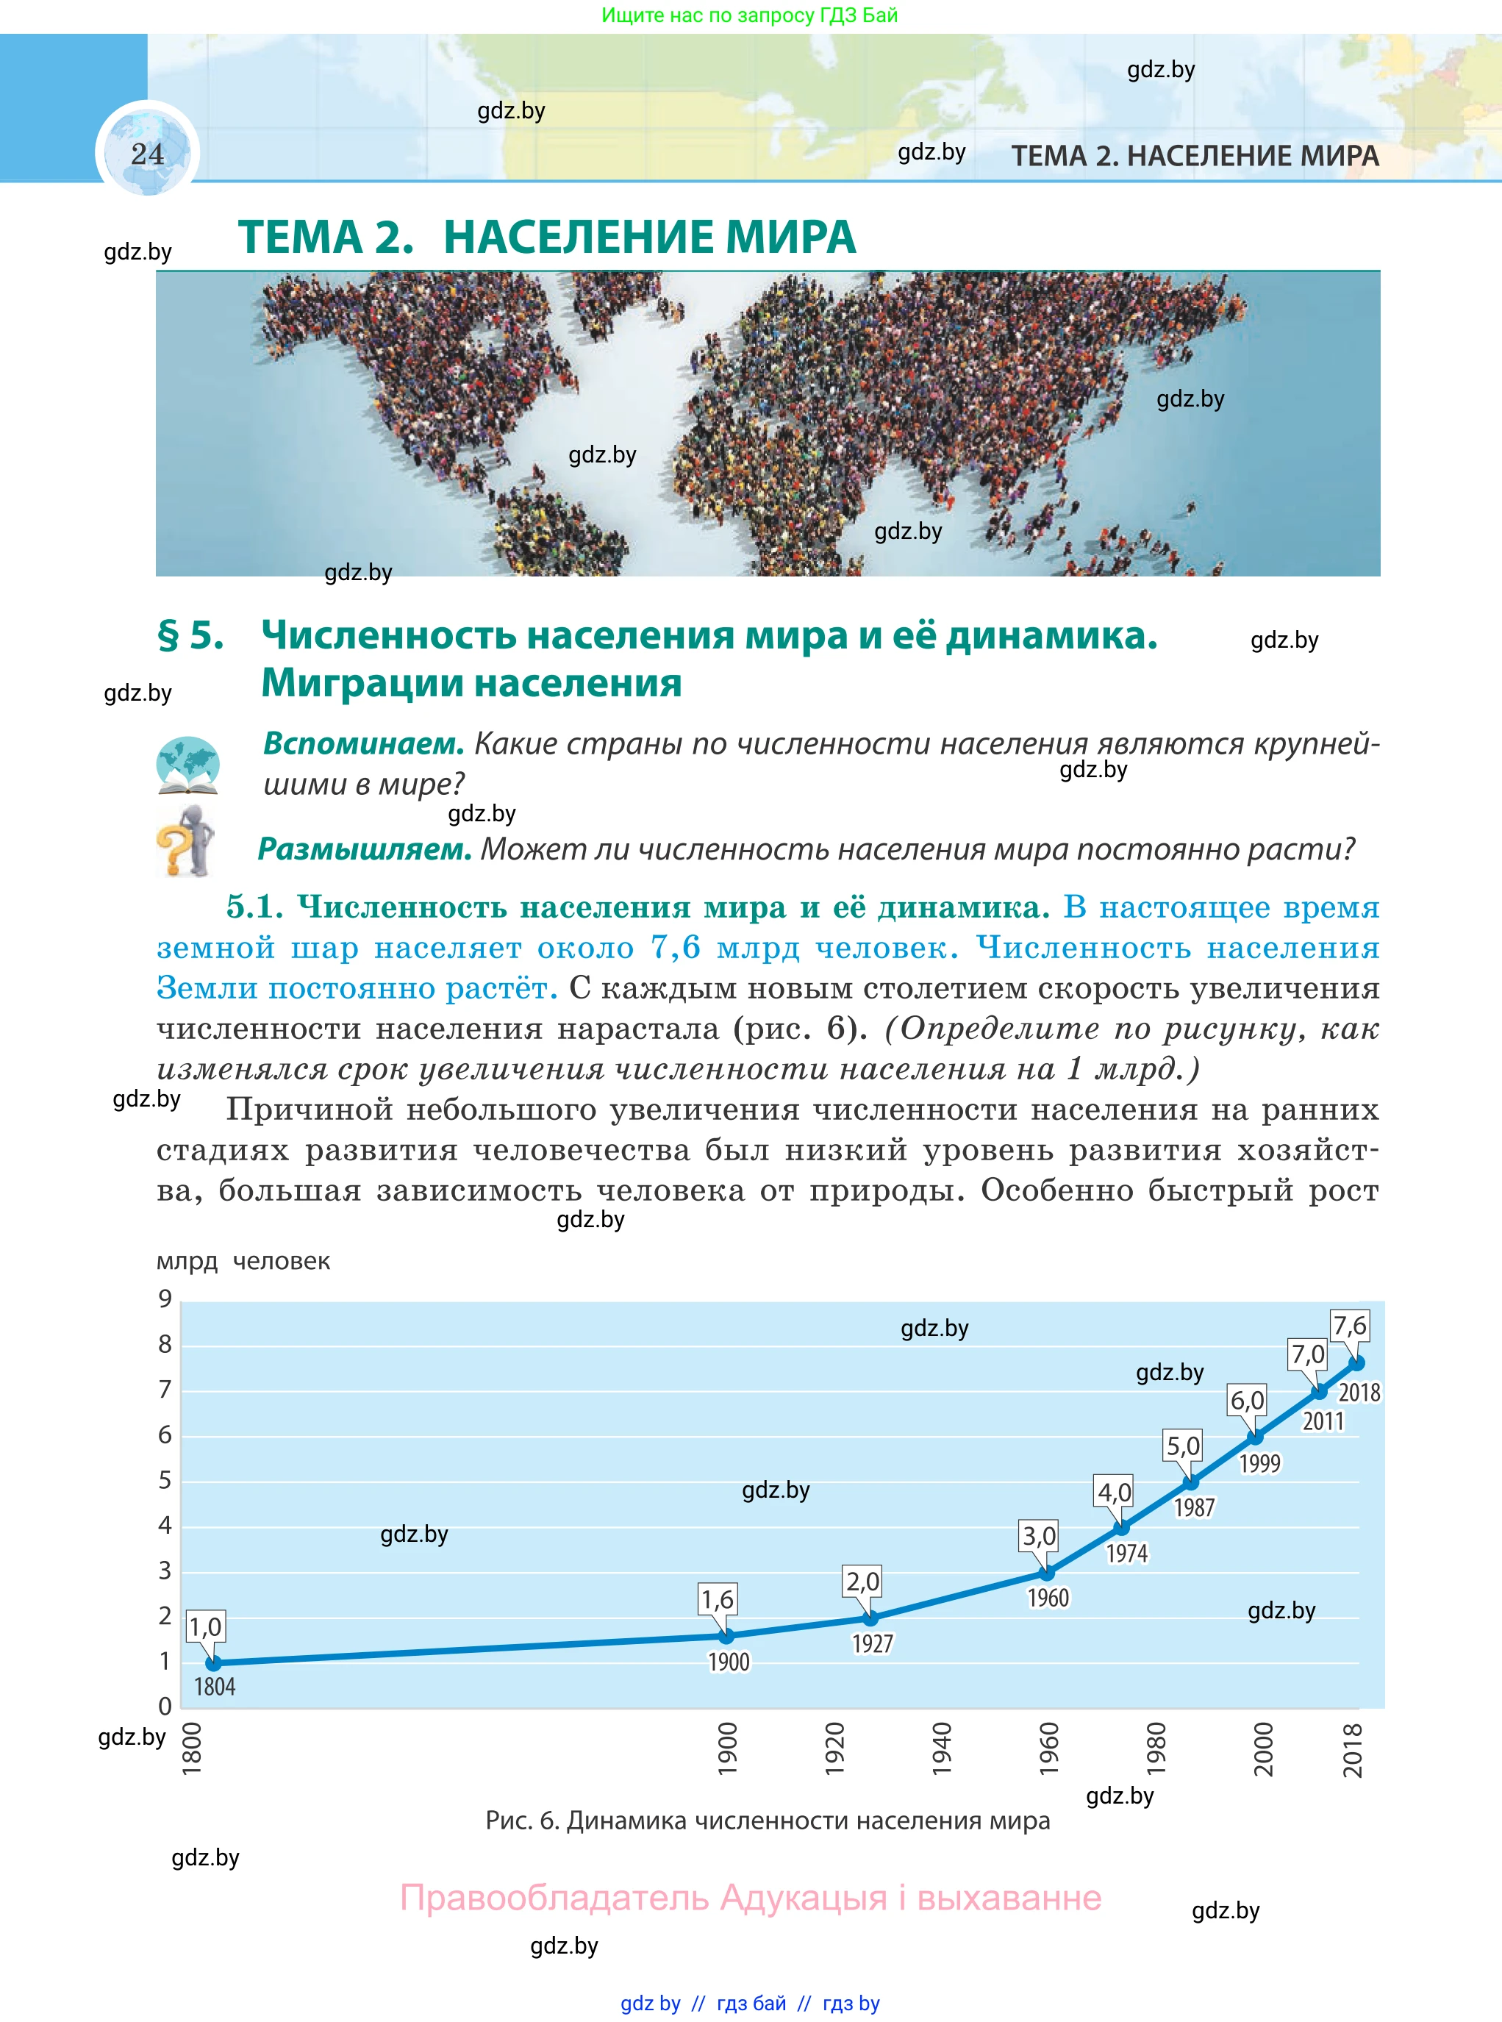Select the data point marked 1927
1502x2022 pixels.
(x=870, y=1618)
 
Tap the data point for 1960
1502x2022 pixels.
(x=1046, y=1572)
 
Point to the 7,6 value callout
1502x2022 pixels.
(x=1349, y=1326)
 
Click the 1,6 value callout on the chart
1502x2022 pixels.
(x=717, y=1598)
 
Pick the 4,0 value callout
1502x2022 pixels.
(x=1114, y=1492)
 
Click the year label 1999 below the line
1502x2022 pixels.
(x=1259, y=1463)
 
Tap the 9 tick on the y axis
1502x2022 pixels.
(x=165, y=1298)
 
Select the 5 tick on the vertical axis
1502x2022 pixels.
(x=165, y=1480)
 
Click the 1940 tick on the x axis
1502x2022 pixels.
(x=941, y=1748)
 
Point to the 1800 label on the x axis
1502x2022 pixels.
(x=192, y=1748)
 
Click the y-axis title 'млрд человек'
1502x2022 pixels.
(x=243, y=1261)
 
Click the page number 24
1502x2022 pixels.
(x=147, y=154)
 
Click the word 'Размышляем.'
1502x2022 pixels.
(x=365, y=849)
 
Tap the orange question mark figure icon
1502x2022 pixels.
(x=185, y=841)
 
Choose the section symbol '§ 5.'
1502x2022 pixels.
(x=191, y=635)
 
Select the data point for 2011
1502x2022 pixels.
(x=1318, y=1391)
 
